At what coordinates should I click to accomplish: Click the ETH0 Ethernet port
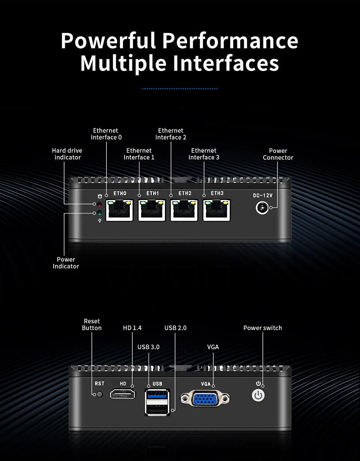(x=120, y=210)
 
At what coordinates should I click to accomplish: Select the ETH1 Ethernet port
(x=152, y=210)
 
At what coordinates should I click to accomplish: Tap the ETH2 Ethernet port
(x=184, y=210)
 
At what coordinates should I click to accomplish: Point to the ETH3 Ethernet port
(x=216, y=210)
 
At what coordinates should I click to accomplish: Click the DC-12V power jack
(x=262, y=207)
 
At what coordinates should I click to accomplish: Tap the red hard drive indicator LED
(x=99, y=204)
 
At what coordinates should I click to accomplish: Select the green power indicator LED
(x=99, y=213)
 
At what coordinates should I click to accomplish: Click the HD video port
(x=123, y=394)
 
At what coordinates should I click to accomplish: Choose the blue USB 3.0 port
(x=157, y=394)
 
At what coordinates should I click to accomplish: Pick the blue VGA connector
(x=205, y=398)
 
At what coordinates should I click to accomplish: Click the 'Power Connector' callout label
(x=278, y=154)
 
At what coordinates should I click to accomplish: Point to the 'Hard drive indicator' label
(x=67, y=154)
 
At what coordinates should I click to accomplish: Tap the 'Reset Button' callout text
(x=92, y=324)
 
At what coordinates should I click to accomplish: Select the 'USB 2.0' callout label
(x=175, y=328)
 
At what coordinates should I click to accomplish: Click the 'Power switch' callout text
(x=262, y=328)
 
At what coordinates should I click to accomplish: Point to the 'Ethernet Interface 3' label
(x=204, y=154)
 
